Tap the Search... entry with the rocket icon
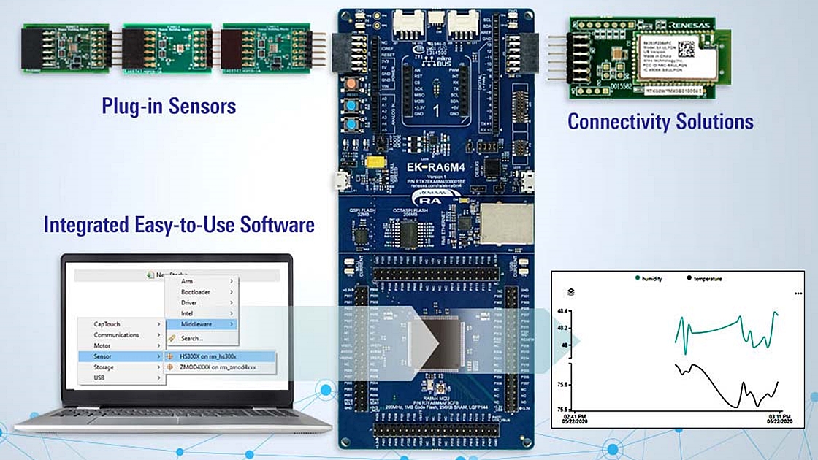(191, 339)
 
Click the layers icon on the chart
(570, 292)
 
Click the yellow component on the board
(375, 161)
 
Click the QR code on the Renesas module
(687, 48)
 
